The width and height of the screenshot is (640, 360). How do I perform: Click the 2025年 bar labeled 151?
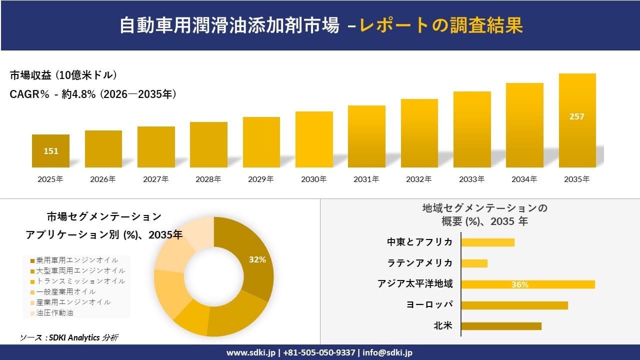[x=50, y=150]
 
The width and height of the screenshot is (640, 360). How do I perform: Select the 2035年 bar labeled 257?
[x=577, y=120]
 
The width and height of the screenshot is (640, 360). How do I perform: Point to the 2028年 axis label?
[x=208, y=179]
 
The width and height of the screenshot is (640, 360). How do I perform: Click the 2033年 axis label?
[x=472, y=179]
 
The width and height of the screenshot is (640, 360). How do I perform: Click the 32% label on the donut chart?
[x=257, y=259]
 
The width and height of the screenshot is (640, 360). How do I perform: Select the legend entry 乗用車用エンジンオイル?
[x=77, y=260]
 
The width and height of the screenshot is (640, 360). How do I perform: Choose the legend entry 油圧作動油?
[x=55, y=313]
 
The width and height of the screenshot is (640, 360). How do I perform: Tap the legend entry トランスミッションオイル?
[x=80, y=281]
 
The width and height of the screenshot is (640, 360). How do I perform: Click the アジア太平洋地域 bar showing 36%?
[x=527, y=284]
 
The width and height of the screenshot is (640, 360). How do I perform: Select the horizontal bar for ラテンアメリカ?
[x=474, y=263]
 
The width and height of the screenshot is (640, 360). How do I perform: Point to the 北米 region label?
[x=443, y=326]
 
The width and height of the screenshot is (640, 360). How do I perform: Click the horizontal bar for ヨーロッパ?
[x=514, y=305]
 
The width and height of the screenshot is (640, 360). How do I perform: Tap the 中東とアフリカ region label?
[x=420, y=242]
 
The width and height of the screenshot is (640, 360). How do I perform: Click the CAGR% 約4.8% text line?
[x=93, y=94]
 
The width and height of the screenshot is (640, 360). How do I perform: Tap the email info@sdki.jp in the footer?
[x=387, y=352]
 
